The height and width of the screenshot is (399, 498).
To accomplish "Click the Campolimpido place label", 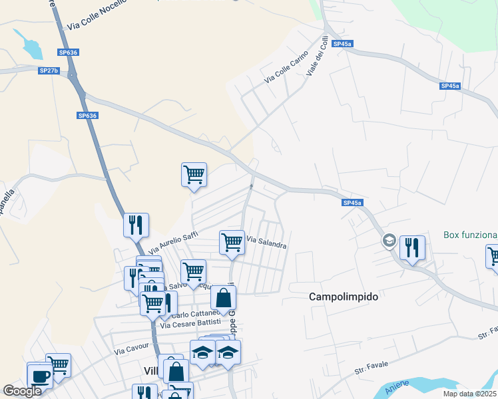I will [x=344, y=297].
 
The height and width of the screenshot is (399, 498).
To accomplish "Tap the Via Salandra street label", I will [x=266, y=242].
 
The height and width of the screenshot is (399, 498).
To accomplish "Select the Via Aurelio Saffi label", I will [x=173, y=242].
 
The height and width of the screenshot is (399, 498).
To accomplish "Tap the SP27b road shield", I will [x=49, y=70].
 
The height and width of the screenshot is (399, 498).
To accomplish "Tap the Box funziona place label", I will [x=471, y=235].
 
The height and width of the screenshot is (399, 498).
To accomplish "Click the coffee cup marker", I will [x=39, y=375].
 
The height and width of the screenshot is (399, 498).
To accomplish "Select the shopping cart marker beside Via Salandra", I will [x=232, y=241].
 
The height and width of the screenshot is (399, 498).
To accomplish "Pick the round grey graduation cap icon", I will [x=389, y=240].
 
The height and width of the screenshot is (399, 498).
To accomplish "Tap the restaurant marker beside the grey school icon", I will [x=412, y=247].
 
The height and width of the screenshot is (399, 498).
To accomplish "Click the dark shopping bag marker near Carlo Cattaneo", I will [x=223, y=297].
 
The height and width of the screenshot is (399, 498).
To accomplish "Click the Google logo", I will [x=22, y=391].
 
